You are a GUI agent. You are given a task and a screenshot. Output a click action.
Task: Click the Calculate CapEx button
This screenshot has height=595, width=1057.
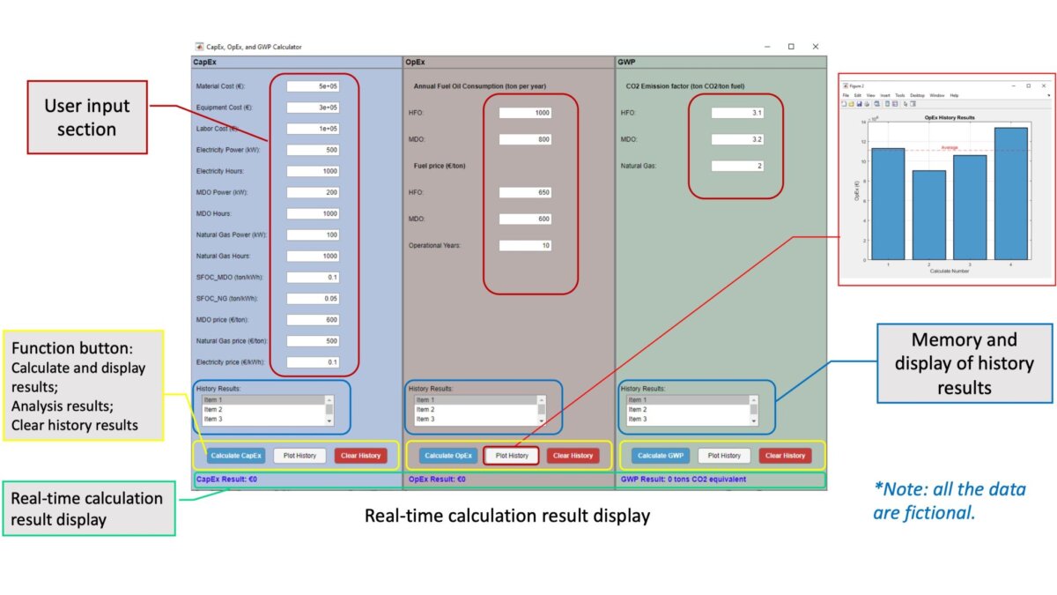[236, 456]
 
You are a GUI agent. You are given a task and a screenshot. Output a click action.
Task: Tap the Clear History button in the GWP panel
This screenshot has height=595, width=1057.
[785, 456]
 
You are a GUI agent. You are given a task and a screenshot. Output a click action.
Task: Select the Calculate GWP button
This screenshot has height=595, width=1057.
[661, 456]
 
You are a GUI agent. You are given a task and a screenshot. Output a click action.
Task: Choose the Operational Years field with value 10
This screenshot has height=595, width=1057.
[525, 245]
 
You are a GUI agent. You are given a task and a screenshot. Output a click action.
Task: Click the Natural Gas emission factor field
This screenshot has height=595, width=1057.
[737, 166]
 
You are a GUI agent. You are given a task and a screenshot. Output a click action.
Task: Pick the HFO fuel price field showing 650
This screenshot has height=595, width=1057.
[525, 192]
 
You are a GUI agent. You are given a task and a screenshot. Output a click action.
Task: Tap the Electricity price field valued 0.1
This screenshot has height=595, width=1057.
[313, 361]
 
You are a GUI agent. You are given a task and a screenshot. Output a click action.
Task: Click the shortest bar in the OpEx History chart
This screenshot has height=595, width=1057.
[928, 215]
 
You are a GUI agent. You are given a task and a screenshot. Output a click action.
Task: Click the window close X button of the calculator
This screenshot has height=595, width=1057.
[816, 47]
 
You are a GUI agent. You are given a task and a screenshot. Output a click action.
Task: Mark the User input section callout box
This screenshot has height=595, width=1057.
[87, 117]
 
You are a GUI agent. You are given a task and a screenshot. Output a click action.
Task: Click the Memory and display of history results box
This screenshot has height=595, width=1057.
[965, 363]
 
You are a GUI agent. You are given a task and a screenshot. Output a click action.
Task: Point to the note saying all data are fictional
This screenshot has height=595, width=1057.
[950, 501]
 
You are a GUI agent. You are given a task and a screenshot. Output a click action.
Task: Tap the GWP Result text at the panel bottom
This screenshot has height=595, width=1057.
[684, 480]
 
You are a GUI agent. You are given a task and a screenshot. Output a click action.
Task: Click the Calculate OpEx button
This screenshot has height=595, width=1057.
[448, 456]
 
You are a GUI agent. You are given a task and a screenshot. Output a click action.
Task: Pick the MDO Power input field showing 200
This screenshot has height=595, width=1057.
[313, 192]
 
